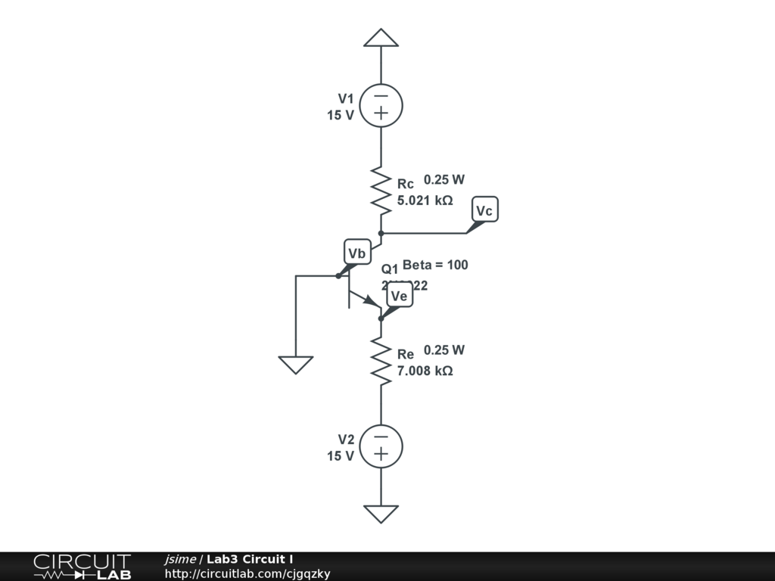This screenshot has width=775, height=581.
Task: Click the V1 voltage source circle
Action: click(x=381, y=105)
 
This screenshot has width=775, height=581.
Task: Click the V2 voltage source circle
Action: click(x=381, y=446)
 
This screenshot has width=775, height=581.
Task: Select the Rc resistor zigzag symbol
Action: click(x=381, y=189)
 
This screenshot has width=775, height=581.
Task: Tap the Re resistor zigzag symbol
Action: click(x=381, y=362)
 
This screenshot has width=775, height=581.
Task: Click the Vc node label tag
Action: click(x=484, y=210)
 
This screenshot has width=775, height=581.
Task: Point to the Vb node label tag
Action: click(x=357, y=253)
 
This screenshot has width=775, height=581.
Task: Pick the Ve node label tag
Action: click(x=399, y=296)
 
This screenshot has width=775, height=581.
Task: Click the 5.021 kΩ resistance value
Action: click(x=425, y=200)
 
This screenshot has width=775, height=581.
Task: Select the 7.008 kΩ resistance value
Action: click(x=425, y=371)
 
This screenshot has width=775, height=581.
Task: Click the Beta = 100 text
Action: click(x=435, y=265)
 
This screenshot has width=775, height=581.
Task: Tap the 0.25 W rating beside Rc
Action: click(x=444, y=180)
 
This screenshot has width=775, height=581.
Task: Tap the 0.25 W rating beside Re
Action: click(x=444, y=350)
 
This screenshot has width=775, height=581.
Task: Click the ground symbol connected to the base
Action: click(x=295, y=365)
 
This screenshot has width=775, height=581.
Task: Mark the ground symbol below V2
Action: click(x=381, y=514)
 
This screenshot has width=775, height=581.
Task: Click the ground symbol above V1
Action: click(x=381, y=38)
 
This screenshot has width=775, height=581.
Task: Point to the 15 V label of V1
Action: click(x=341, y=116)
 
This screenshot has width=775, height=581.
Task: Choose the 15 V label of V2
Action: click(x=341, y=456)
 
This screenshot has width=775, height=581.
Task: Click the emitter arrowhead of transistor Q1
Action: click(x=371, y=301)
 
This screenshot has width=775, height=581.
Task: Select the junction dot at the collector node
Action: click(x=381, y=233)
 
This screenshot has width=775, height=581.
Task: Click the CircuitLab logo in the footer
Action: click(x=82, y=567)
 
